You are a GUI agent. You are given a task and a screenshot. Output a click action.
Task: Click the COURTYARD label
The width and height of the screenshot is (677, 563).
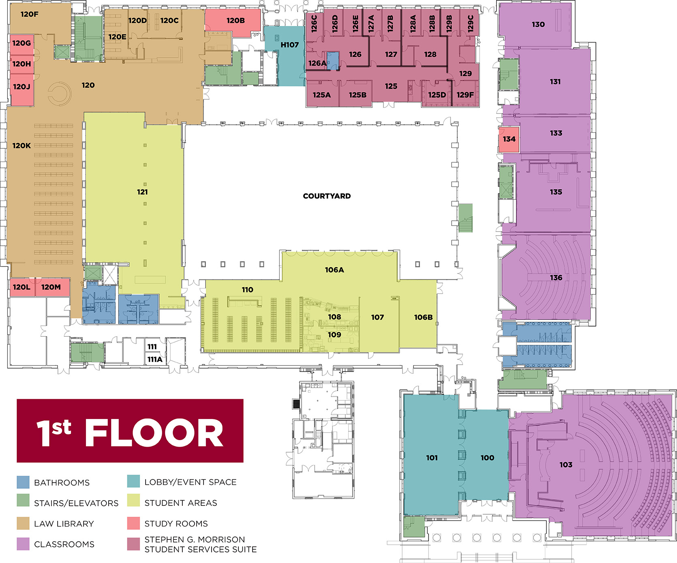[327, 196]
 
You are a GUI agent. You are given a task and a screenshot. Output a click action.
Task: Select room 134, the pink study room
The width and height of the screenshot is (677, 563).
[509, 140]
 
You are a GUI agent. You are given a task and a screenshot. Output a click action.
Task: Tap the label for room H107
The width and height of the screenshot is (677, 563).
[289, 45]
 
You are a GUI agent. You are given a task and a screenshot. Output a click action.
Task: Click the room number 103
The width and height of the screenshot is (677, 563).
[566, 464]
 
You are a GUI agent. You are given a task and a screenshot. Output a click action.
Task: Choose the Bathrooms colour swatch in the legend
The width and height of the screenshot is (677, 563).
[23, 482]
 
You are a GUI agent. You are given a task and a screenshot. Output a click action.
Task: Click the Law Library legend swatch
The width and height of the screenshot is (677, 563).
[23, 523]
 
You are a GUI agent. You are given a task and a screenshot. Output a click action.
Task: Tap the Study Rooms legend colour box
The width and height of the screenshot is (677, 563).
[133, 523]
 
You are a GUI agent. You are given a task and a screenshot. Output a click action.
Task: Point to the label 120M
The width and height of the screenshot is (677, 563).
[51, 287]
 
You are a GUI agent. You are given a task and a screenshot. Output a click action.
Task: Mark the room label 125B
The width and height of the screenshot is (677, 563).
[358, 95]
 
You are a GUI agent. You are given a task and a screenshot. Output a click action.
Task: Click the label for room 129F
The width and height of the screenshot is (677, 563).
[465, 95]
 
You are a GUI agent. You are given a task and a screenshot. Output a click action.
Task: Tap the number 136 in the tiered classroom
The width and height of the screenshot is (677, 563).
[556, 277]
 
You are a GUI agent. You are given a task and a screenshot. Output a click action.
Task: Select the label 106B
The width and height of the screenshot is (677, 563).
[423, 317]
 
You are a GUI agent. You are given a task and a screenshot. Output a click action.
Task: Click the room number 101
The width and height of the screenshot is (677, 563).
[432, 458]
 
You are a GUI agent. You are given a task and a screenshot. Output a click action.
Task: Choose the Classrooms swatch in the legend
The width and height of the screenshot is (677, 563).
[23, 544]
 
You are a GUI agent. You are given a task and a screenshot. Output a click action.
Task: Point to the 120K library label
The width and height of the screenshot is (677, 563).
[21, 146]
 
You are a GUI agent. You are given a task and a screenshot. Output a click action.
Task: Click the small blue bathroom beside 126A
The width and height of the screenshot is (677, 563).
[332, 60]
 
